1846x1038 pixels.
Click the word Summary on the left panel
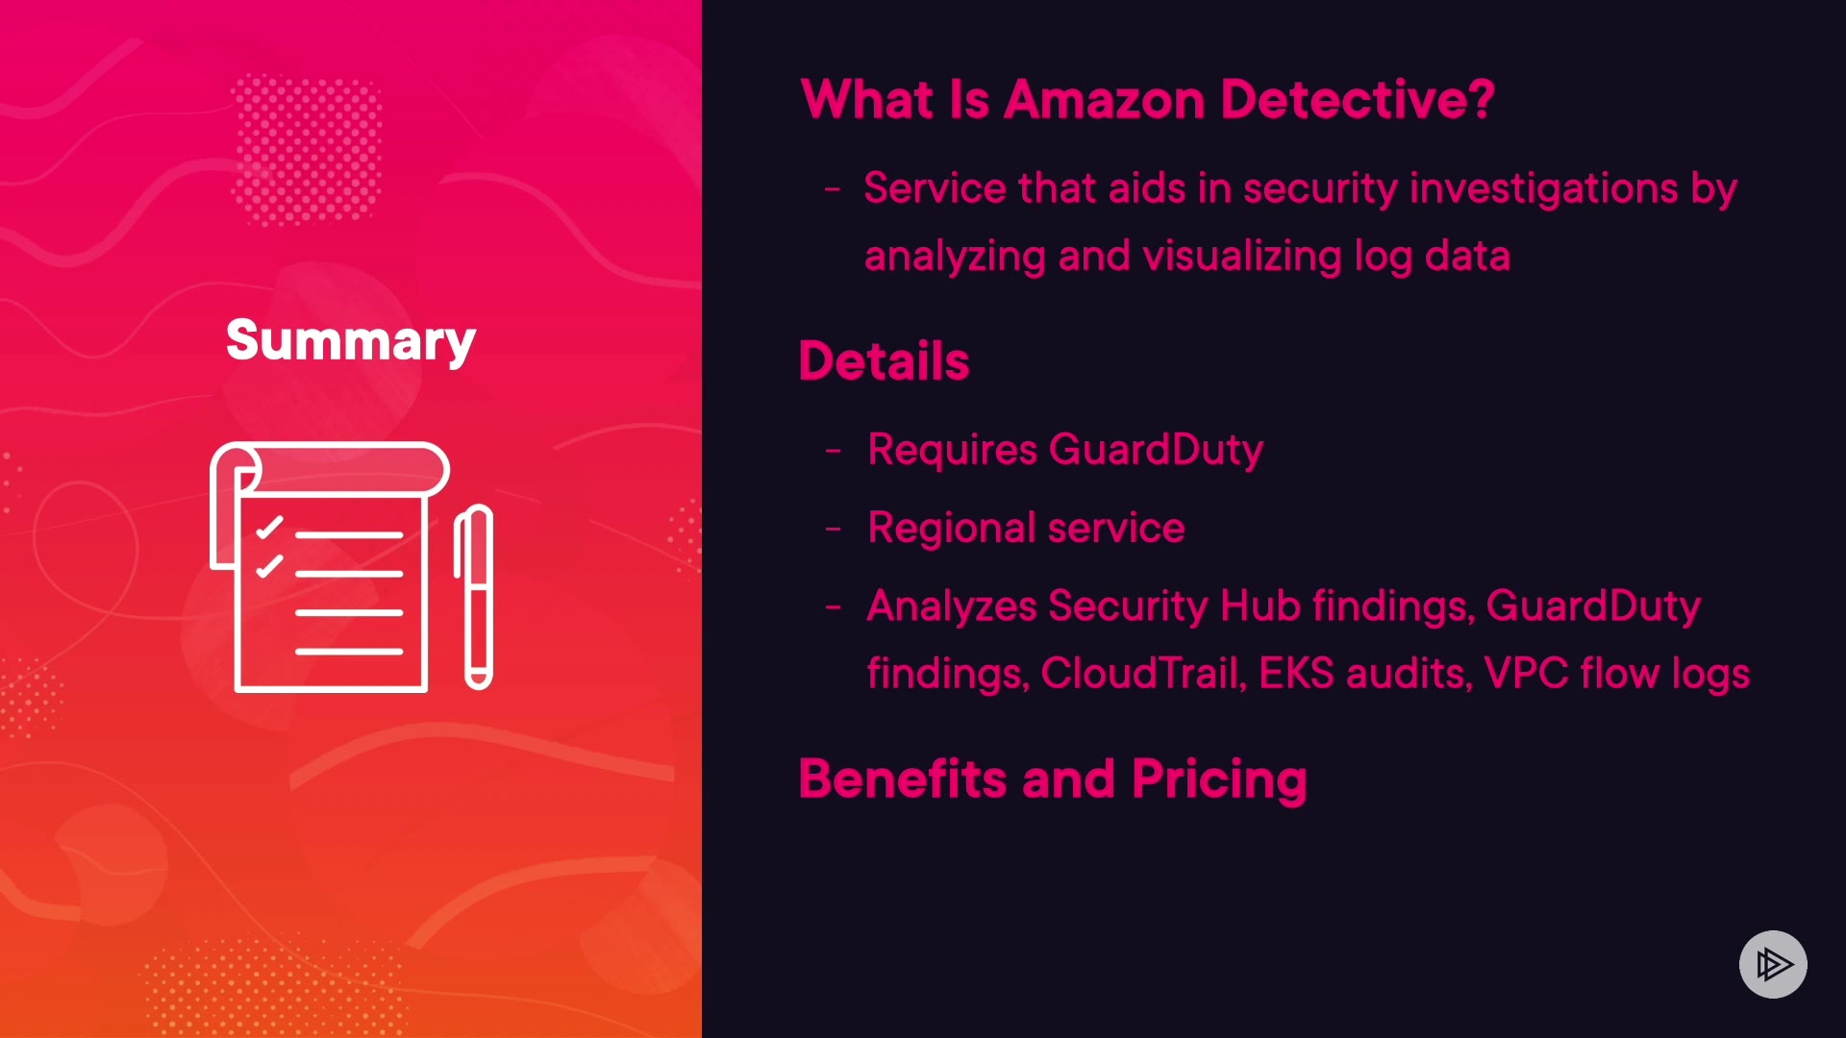pyautogui.click(x=351, y=341)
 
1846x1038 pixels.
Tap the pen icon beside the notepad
pyautogui.click(x=474, y=597)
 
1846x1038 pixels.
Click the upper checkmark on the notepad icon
pyautogui.click(x=269, y=528)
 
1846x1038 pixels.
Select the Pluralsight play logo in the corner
pyautogui.click(x=1772, y=964)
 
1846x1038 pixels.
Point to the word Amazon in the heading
pyautogui.click(x=1104, y=100)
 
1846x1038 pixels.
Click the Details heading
pyautogui.click(x=884, y=361)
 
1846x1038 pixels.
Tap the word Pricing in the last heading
pyautogui.click(x=1219, y=779)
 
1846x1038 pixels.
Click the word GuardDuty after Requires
pyautogui.click(x=1156, y=450)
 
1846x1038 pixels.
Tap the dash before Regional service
pyautogui.click(x=834, y=529)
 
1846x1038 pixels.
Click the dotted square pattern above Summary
pyautogui.click(x=307, y=150)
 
